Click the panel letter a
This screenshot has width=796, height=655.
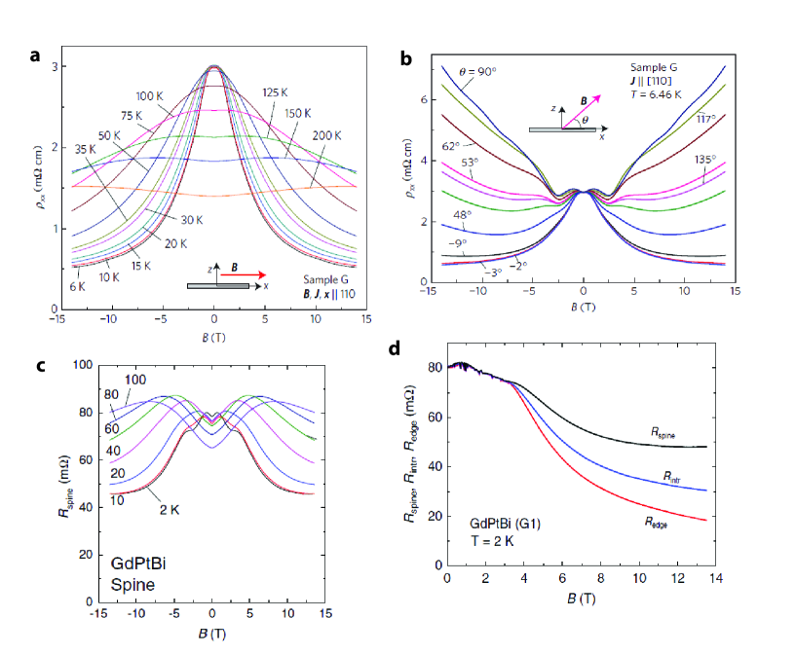click(x=35, y=55)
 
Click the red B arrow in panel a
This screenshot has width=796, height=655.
click(x=238, y=276)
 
